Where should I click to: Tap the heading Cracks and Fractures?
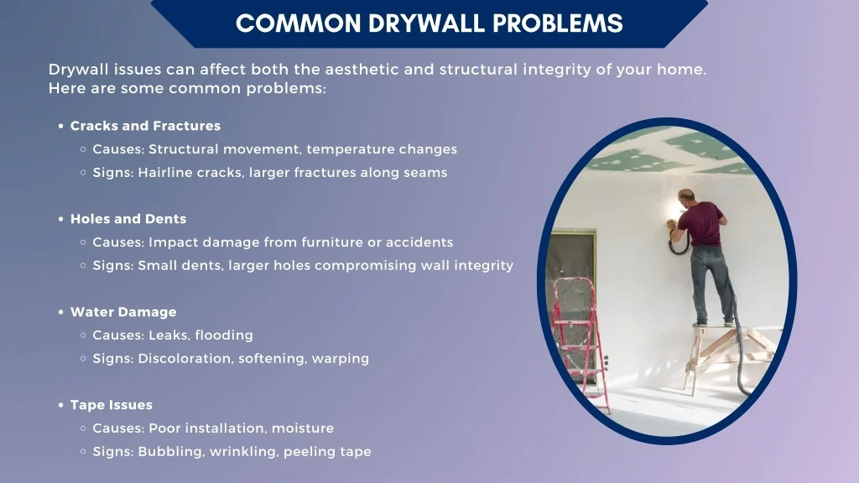[145, 126]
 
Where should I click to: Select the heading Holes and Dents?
[128, 219]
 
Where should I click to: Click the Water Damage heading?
[123, 312]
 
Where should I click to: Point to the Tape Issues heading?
[112, 405]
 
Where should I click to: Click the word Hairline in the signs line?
[165, 173]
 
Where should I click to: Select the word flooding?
[224, 335]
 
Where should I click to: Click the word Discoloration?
[185, 359]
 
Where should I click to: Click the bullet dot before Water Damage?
[61, 312]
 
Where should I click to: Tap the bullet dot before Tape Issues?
[61, 406]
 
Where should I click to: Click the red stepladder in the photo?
[580, 335]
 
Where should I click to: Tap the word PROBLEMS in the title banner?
[557, 23]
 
